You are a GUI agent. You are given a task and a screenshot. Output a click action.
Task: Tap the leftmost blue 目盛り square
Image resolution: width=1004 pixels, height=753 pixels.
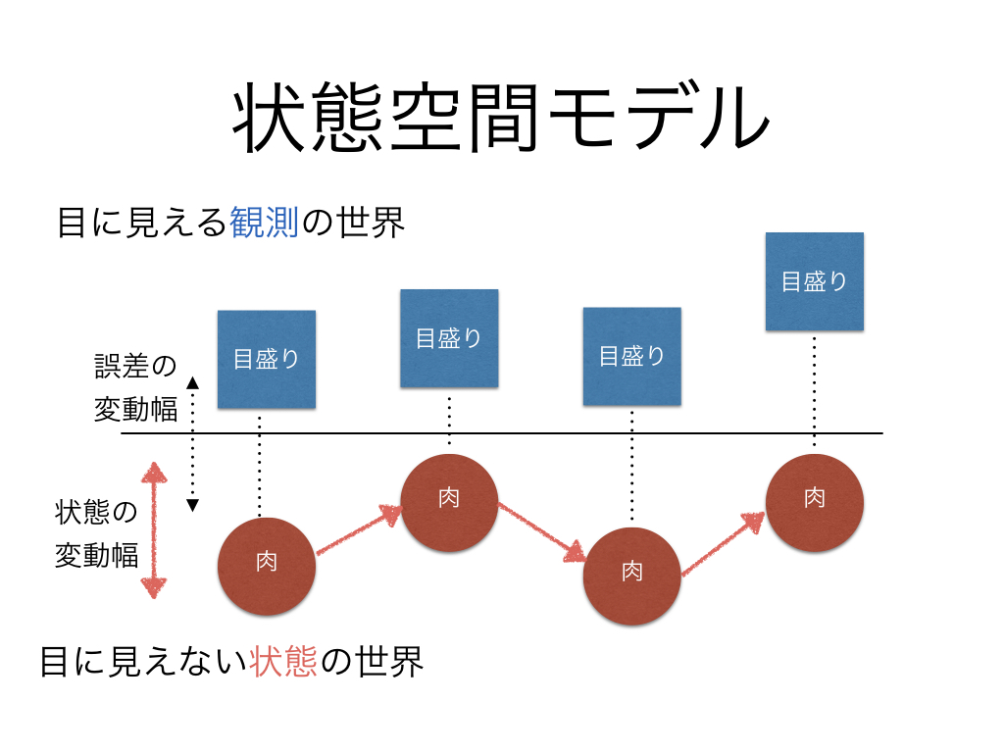tap(267, 359)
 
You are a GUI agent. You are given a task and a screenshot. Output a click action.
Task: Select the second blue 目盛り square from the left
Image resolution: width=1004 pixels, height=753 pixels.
tap(449, 338)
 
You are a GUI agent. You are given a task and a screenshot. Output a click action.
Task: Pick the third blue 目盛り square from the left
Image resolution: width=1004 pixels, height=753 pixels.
tap(632, 356)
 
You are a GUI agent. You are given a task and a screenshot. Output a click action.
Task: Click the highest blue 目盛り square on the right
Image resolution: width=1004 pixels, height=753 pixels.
tap(814, 281)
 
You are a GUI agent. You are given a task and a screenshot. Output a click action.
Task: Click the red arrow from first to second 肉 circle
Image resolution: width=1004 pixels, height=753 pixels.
tap(359, 530)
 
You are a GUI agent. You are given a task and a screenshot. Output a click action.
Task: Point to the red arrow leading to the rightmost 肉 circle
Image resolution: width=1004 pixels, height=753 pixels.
tap(724, 542)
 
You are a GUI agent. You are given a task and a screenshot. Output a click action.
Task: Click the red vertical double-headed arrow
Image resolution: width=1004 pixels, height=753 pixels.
tap(153, 530)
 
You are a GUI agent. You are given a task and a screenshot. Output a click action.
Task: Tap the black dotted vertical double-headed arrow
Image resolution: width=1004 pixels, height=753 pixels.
tap(193, 443)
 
